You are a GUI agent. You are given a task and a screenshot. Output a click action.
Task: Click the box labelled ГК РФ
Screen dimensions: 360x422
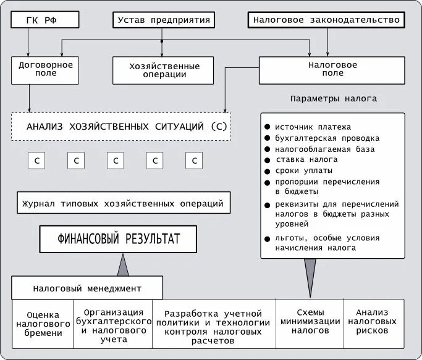pos(44,20)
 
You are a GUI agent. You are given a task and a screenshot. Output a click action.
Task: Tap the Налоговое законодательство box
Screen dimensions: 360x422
pos(326,20)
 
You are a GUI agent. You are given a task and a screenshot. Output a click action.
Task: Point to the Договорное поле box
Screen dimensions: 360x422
pos(46,69)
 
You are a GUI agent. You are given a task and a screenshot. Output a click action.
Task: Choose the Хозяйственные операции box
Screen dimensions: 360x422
pos(163,70)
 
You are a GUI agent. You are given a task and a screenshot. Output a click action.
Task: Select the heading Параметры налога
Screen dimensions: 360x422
pos(333,98)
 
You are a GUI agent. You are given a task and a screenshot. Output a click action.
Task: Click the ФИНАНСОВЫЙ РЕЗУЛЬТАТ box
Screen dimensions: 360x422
pos(119,239)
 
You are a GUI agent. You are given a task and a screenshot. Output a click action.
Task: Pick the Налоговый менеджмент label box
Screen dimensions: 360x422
pos(87,288)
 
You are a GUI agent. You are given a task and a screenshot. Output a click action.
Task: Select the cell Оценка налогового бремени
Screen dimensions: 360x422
pos(43,324)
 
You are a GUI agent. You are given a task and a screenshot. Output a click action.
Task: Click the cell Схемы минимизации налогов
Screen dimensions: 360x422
pos(310,321)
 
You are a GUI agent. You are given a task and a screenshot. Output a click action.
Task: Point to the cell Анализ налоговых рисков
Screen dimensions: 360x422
pos(373,321)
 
